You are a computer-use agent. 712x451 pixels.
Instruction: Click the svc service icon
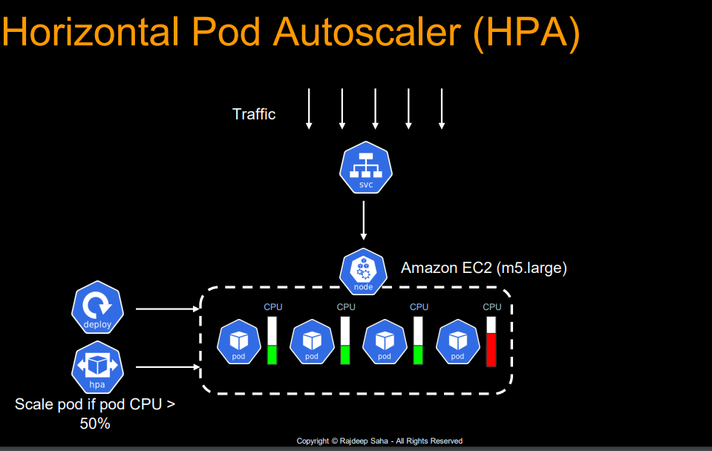363,169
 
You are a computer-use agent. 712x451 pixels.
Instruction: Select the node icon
363,271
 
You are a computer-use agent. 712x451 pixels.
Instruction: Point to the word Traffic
254,114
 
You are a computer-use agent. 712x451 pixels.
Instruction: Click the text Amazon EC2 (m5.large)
484,269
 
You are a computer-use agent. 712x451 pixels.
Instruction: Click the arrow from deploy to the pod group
166,309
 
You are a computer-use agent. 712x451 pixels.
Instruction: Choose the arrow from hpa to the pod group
166,367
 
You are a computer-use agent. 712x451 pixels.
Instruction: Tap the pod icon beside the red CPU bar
457,343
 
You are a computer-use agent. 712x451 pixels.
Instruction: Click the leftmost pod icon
239,343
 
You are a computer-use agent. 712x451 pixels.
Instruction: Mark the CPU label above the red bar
492,306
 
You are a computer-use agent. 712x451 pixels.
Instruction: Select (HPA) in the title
526,34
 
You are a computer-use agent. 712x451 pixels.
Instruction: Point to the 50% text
94,424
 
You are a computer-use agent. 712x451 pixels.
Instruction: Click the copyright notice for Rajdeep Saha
379,441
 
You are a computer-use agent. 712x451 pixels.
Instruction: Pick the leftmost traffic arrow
309,109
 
